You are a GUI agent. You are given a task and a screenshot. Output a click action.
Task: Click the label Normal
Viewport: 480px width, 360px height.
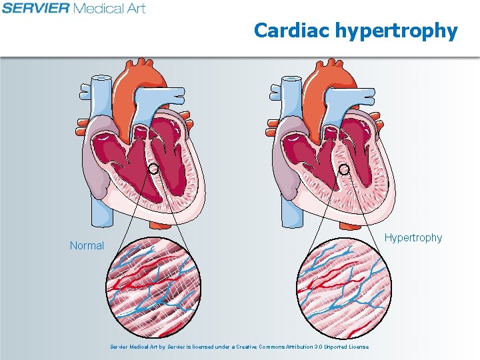pyautogui.click(x=87, y=245)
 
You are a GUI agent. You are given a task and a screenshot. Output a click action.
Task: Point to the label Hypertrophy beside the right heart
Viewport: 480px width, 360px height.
pyautogui.click(x=414, y=237)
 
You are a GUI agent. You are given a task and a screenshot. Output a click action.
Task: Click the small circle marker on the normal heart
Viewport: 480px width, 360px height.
pyautogui.click(x=153, y=169)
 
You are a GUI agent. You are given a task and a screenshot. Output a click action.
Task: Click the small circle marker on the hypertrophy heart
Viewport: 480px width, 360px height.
pyautogui.click(x=344, y=169)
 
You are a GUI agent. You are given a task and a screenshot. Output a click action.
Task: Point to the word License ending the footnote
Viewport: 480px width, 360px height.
pyautogui.click(x=357, y=347)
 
